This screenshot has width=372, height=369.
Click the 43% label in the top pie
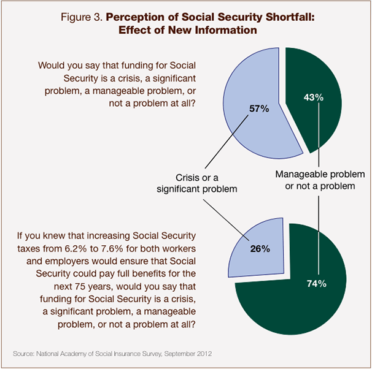coord(313,97)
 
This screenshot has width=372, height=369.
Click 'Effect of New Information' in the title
coord(186,30)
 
